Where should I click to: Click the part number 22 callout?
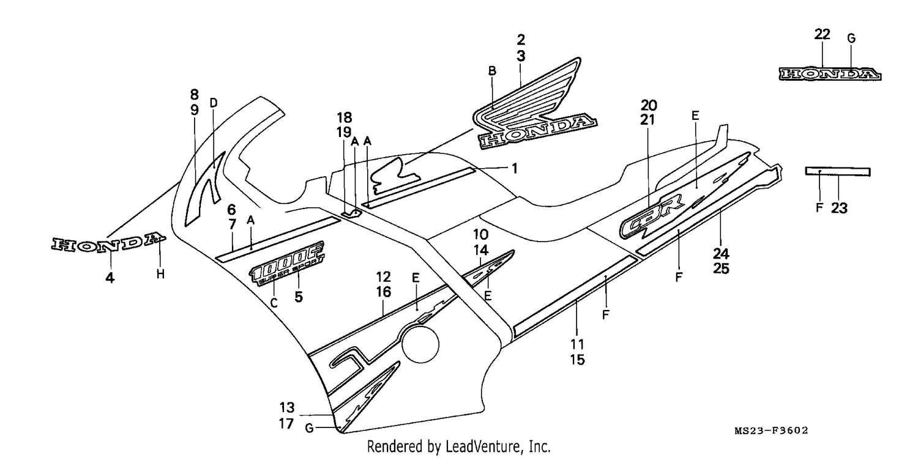pyautogui.click(x=822, y=34)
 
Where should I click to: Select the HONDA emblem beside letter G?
pyautogui.click(x=830, y=74)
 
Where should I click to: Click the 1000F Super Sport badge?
pyautogui.click(x=286, y=263)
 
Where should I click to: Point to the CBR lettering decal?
pyautogui.click(x=652, y=218)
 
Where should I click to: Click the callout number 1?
pyautogui.click(x=515, y=168)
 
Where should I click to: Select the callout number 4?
pyautogui.click(x=110, y=278)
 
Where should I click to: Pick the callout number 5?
pyautogui.click(x=299, y=297)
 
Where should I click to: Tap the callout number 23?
pyautogui.click(x=839, y=209)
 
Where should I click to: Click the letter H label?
pyautogui.click(x=160, y=274)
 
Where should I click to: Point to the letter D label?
pyautogui.click(x=214, y=103)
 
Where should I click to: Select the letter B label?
pyautogui.click(x=492, y=71)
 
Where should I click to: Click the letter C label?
pyautogui.click(x=274, y=303)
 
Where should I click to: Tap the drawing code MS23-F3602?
pyautogui.click(x=771, y=430)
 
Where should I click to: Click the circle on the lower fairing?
pyautogui.click(x=420, y=344)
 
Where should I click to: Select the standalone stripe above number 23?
pyautogui.click(x=838, y=171)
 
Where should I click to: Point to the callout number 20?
pyautogui.click(x=649, y=105)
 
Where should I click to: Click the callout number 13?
pyautogui.click(x=287, y=407)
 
